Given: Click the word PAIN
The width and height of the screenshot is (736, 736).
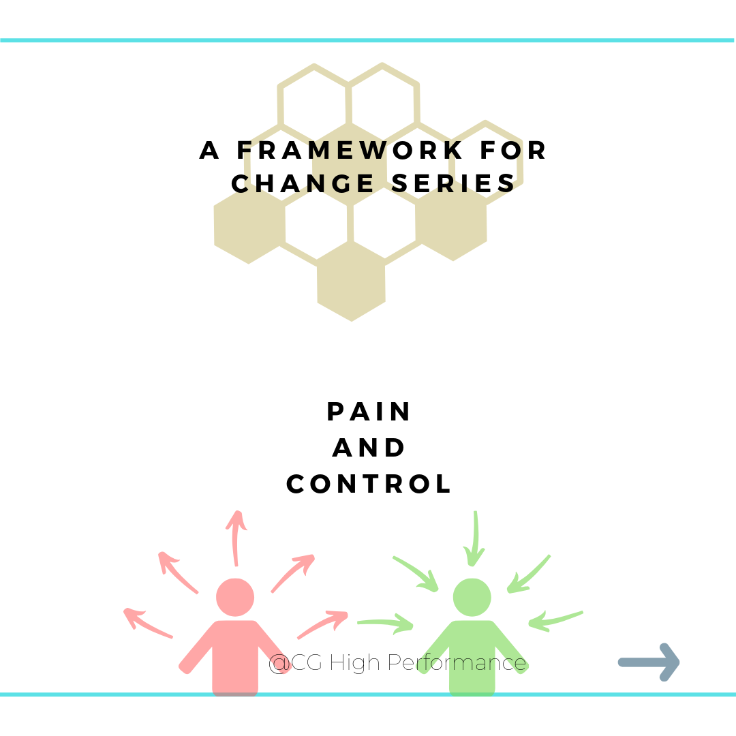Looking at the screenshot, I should [369, 412].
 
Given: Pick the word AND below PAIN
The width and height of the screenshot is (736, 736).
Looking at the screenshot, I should [369, 448].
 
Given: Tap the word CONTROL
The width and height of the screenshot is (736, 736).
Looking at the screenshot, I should [369, 484].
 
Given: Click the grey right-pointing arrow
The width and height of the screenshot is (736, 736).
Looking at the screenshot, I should [649, 662].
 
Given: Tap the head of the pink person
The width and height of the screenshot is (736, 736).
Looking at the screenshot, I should [235, 598].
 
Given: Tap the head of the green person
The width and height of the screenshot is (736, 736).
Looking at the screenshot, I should [472, 598].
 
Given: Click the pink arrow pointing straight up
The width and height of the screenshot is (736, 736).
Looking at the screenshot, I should [236, 538].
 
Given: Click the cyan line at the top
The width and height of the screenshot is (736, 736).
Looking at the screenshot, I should [368, 40].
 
